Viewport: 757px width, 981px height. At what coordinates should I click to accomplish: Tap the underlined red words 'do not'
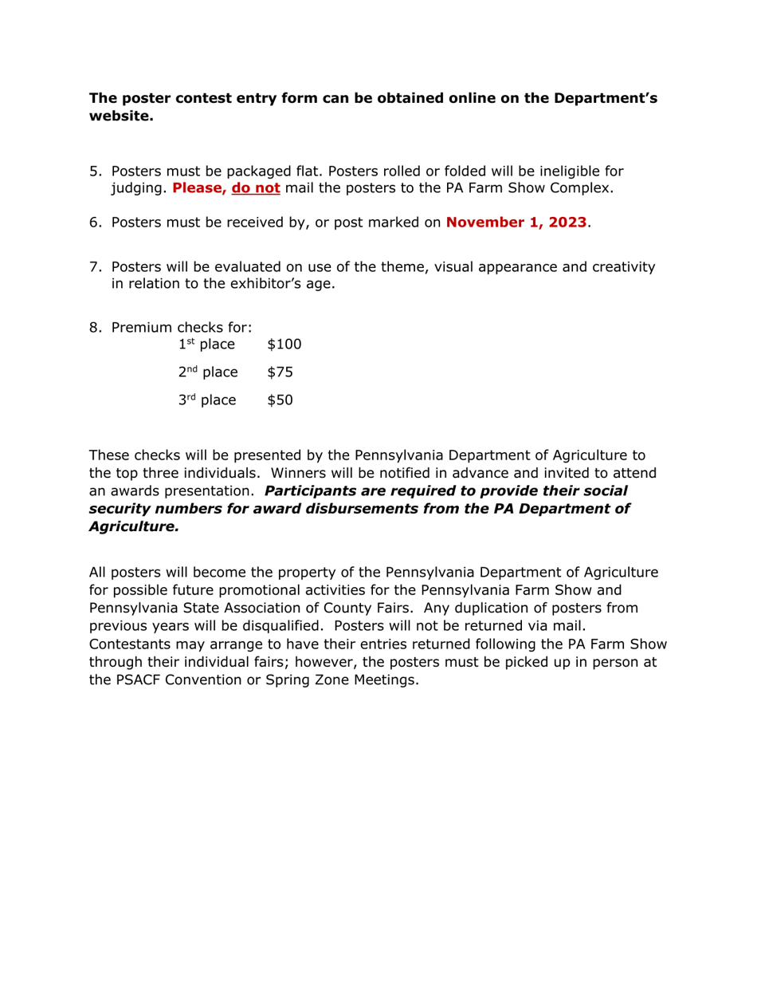pyautogui.click(x=256, y=188)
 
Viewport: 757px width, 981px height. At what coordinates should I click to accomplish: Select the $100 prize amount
pyautogui.click(x=285, y=345)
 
